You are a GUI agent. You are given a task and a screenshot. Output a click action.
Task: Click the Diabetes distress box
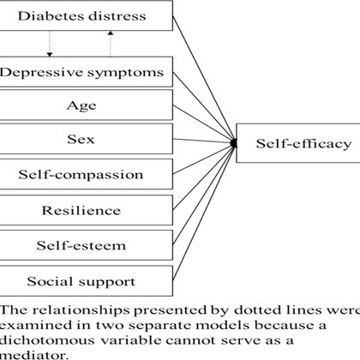click(87, 15)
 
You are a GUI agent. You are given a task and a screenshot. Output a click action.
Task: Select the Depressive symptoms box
click(87, 72)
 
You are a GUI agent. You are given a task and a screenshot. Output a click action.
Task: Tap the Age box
click(87, 105)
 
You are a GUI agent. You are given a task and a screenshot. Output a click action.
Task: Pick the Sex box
click(87, 139)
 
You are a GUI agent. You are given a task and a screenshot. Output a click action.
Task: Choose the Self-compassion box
click(87, 174)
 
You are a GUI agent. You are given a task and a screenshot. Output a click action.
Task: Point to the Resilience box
click(87, 210)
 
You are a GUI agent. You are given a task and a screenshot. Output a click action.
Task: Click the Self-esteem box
click(87, 245)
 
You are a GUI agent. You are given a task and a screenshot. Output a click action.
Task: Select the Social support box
click(87, 281)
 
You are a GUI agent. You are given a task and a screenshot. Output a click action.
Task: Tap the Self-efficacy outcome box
click(298, 143)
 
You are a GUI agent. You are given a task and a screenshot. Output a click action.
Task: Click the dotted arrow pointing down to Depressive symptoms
click(50, 44)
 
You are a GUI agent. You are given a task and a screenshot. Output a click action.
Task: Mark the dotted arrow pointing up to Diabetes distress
click(111, 44)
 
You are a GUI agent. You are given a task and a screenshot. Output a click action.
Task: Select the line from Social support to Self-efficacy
click(204, 213)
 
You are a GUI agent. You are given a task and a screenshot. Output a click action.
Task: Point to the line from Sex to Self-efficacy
click(202, 141)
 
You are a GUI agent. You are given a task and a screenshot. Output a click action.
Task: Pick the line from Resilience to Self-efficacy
click(203, 177)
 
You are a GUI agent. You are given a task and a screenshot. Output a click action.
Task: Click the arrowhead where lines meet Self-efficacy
click(234, 143)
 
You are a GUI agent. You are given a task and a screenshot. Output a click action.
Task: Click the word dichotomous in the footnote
click(47, 340)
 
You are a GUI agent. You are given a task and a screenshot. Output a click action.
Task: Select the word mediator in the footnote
click(34, 356)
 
